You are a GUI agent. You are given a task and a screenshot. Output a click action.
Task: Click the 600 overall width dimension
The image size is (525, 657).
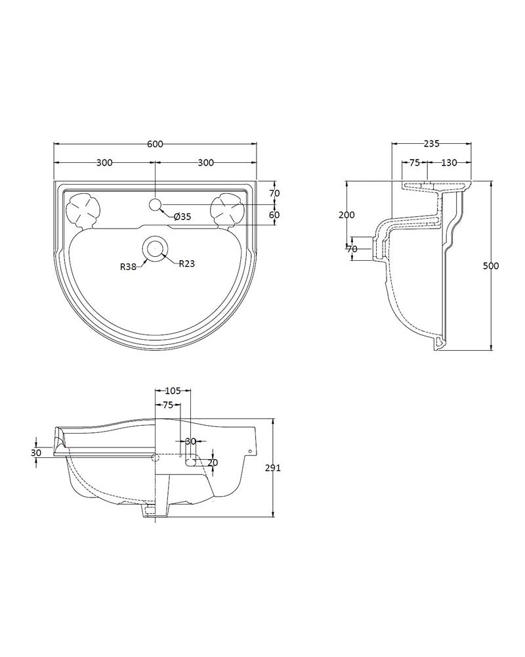pos(155,144)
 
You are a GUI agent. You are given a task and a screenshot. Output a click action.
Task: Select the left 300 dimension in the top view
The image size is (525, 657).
pos(104,162)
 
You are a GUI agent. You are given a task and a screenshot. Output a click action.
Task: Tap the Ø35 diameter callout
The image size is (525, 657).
pos(182,217)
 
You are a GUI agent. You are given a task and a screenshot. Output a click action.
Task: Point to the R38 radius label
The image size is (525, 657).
pos(128,267)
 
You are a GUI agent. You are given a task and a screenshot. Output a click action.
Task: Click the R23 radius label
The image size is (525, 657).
pos(187,263)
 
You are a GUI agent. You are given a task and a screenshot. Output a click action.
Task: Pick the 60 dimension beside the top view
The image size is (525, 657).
pos(275,215)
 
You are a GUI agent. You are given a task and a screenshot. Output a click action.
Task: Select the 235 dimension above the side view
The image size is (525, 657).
pos(432,144)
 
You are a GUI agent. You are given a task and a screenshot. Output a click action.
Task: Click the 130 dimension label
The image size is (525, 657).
pos(450,162)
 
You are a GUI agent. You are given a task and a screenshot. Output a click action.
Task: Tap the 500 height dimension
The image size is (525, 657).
pos(491,265)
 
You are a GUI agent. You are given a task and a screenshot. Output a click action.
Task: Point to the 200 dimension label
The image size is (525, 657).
pos(346,215)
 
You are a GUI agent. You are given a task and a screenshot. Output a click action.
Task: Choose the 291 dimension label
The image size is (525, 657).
pos(273,468)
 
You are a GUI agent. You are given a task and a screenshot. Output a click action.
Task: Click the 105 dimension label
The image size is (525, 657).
pos(173,391)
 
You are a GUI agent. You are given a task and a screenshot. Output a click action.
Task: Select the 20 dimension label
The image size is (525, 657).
pos(213,463)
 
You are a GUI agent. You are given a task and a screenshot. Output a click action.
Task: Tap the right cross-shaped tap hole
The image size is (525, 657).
pos(228,210)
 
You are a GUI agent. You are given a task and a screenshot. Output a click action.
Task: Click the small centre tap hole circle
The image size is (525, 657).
pos(156,204)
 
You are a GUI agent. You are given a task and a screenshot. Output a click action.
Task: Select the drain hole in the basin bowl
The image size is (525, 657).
pos(156,248)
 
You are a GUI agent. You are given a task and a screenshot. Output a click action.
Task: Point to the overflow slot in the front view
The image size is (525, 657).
pos(192,457)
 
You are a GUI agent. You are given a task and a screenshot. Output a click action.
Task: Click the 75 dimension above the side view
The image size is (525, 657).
pos(415,162)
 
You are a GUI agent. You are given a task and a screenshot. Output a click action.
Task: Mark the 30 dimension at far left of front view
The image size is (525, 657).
pos(37,453)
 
